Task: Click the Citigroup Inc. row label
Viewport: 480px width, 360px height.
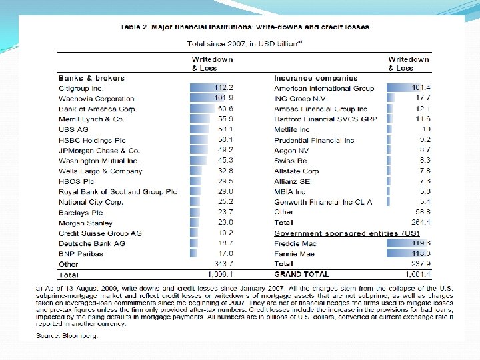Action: tap(81, 88)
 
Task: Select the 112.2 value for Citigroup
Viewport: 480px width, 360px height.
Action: tap(223, 88)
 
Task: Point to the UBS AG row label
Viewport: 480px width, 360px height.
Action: tap(73, 129)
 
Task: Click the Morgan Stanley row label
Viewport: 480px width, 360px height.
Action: tap(85, 223)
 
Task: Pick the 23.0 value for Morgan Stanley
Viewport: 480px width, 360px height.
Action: tap(225, 223)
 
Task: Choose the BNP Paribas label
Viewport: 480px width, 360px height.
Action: tap(80, 254)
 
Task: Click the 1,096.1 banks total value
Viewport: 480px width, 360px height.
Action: tap(220, 275)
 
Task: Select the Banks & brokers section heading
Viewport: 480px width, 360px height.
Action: tap(90, 78)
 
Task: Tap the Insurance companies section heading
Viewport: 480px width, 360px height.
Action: tap(316, 78)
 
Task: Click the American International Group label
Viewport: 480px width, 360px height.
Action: tap(324, 88)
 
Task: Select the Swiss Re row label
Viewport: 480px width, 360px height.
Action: tap(291, 161)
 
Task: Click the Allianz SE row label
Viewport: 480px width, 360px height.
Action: tap(292, 181)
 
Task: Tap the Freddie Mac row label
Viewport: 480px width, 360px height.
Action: tap(295, 244)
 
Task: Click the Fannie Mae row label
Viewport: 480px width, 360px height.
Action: tap(294, 254)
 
